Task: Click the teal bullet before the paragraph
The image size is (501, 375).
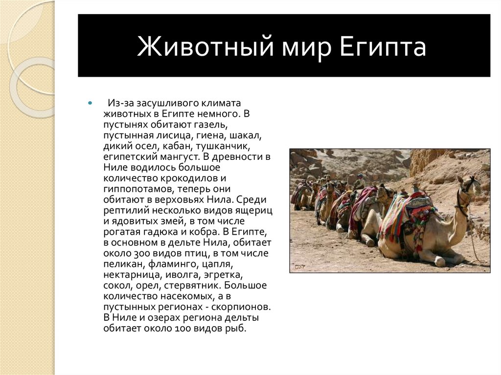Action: tap(90, 104)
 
